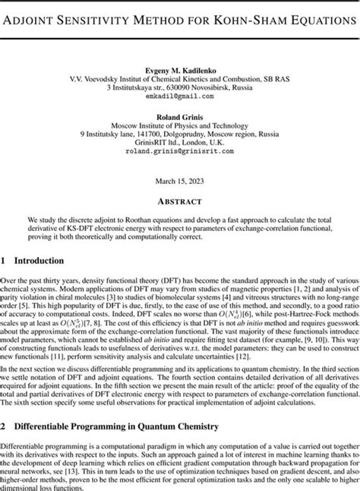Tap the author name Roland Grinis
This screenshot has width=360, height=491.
pos(180,117)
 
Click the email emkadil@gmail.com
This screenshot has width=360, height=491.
pos(179,97)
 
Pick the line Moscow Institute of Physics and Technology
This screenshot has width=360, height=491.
pos(180,126)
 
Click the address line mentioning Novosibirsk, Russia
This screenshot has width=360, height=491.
pos(180,87)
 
